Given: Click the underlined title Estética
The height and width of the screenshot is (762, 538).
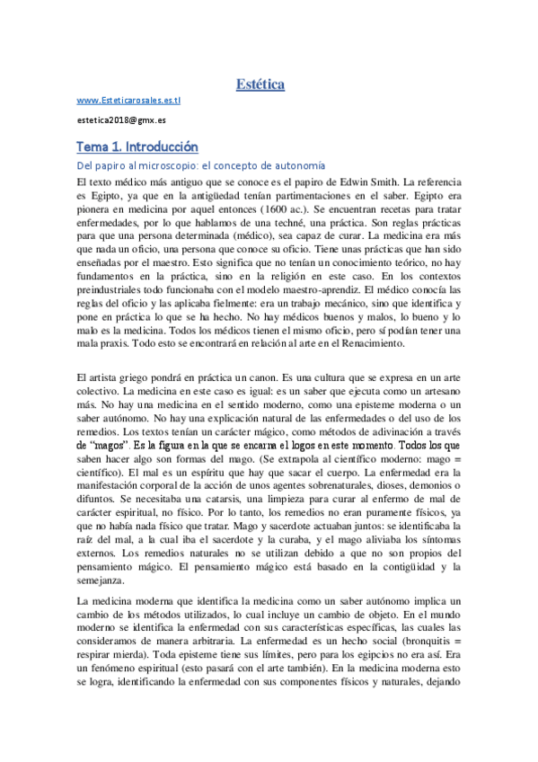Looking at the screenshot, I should tap(260, 85).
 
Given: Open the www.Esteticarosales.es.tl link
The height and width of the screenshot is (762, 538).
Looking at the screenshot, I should tap(129, 102).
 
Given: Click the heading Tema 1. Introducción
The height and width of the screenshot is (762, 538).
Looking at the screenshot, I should tap(137, 146).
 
